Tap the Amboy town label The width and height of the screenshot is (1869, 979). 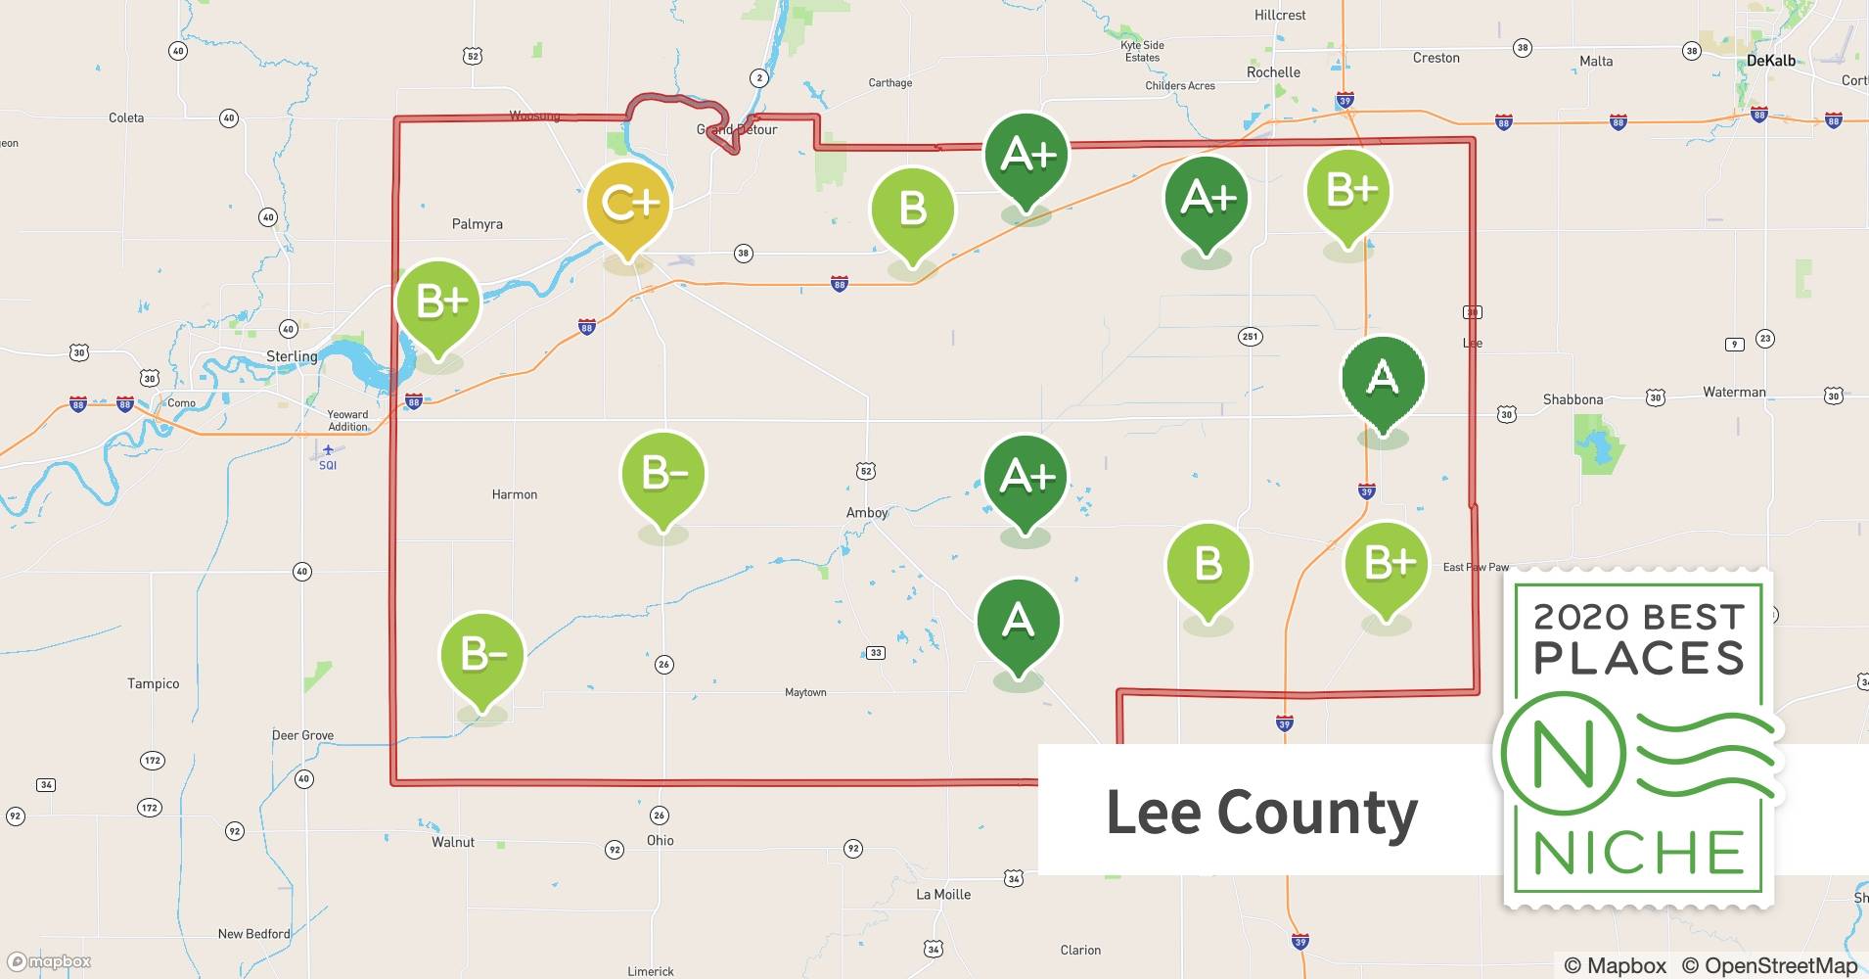click(867, 513)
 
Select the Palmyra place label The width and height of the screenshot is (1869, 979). click(478, 224)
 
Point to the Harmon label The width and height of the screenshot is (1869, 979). click(515, 494)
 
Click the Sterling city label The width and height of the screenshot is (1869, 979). click(292, 356)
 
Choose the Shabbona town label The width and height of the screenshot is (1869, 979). click(1573, 399)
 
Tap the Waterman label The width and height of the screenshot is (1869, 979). click(1734, 393)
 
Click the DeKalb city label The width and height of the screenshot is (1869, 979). click(1771, 61)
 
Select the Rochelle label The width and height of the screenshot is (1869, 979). click(1273, 72)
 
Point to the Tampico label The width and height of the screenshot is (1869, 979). click(154, 683)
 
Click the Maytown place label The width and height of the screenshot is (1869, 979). click(805, 692)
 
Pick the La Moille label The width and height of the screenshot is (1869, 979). click(943, 894)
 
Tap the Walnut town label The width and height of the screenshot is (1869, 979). click(453, 842)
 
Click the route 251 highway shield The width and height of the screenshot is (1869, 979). click(1250, 337)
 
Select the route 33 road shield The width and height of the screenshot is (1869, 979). click(876, 653)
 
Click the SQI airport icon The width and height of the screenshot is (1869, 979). click(328, 450)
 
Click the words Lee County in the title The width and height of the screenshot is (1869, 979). click(1261, 812)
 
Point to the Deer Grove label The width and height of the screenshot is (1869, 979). click(302, 735)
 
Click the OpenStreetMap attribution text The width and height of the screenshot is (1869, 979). click(1769, 965)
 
